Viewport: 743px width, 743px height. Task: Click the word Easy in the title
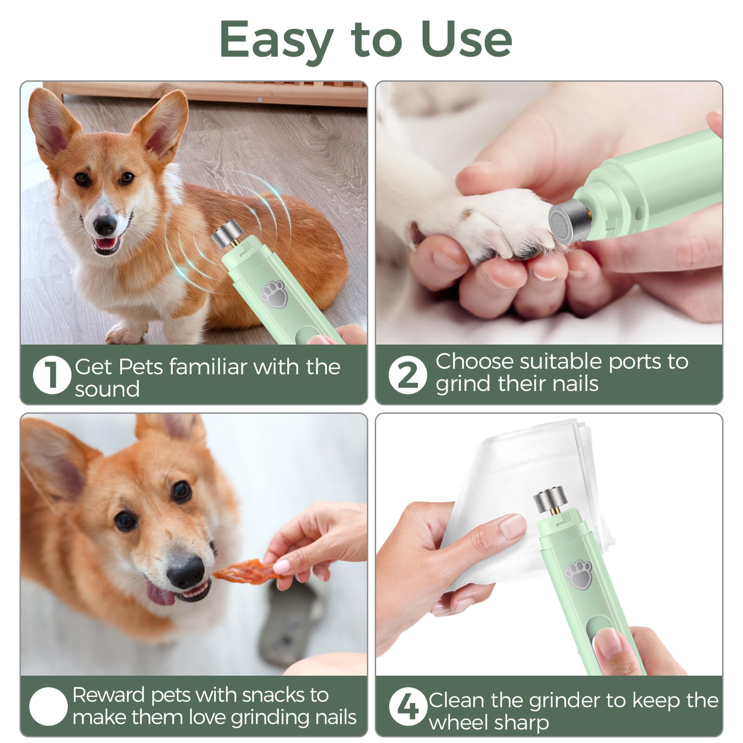pos(276,41)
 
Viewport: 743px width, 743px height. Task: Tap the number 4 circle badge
pos(408,706)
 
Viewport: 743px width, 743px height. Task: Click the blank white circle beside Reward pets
pos(48,706)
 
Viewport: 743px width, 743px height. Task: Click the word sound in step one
pos(107,389)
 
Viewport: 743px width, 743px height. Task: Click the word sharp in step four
pos(524,723)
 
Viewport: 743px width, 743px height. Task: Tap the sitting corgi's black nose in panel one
pos(105,226)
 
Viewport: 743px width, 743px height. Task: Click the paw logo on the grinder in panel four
pos(578,574)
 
